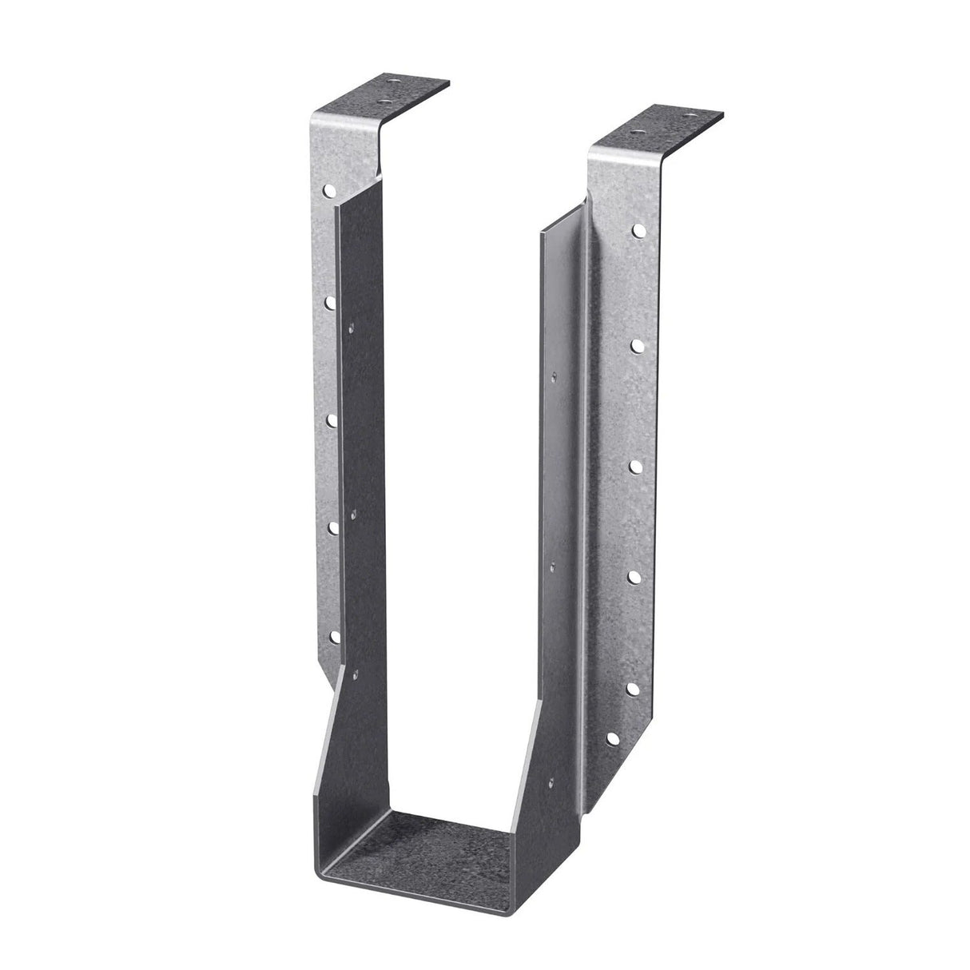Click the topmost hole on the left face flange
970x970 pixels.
(328, 191)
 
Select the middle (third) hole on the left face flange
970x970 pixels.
(331, 417)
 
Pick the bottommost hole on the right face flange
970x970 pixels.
(612, 738)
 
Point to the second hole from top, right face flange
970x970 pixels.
(638, 344)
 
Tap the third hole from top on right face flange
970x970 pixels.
(635, 464)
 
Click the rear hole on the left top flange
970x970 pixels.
(392, 81)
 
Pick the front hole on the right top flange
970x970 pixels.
(635, 131)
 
